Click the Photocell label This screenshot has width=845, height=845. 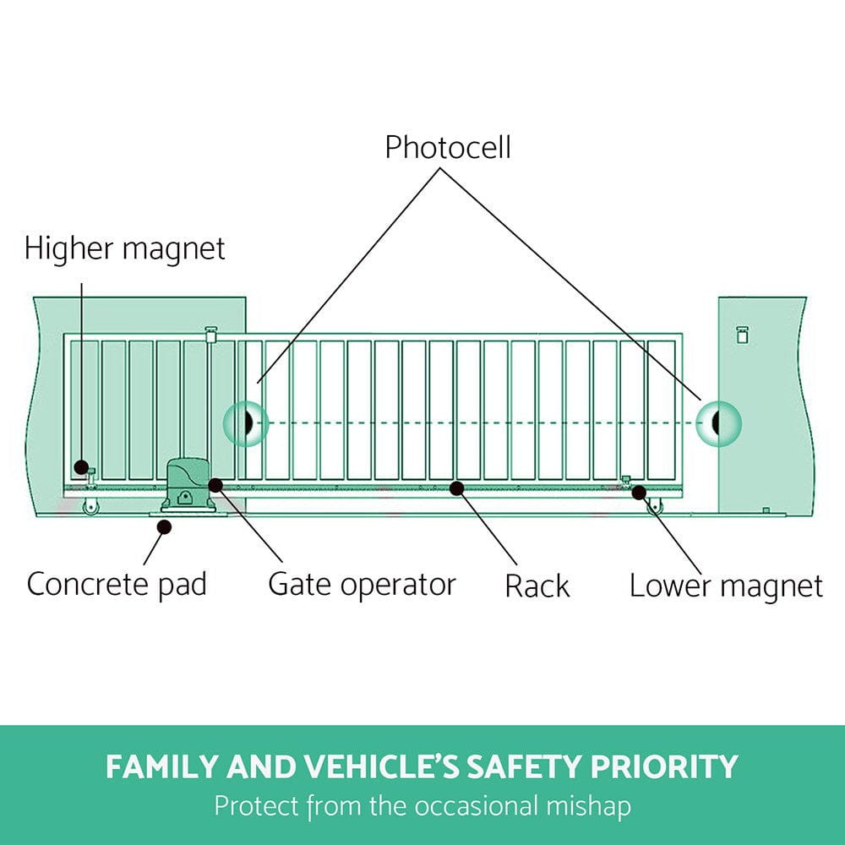[448, 147]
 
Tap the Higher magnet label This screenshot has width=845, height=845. [125, 249]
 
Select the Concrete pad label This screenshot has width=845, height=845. [117, 584]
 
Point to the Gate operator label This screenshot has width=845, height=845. [362, 584]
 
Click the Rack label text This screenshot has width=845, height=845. [537, 586]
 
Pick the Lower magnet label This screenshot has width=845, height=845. [726, 586]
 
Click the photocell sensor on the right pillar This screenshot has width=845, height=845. [717, 422]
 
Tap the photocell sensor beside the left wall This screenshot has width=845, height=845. [246, 422]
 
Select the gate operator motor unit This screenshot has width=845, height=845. [188, 484]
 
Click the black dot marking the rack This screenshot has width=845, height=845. [457, 488]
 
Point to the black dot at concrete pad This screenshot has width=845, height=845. [165, 526]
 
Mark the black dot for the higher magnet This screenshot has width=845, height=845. [81, 466]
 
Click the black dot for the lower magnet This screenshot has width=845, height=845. [640, 492]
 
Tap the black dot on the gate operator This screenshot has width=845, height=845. [215, 485]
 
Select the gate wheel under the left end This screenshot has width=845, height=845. [88, 506]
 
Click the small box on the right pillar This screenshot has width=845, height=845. [743, 335]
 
